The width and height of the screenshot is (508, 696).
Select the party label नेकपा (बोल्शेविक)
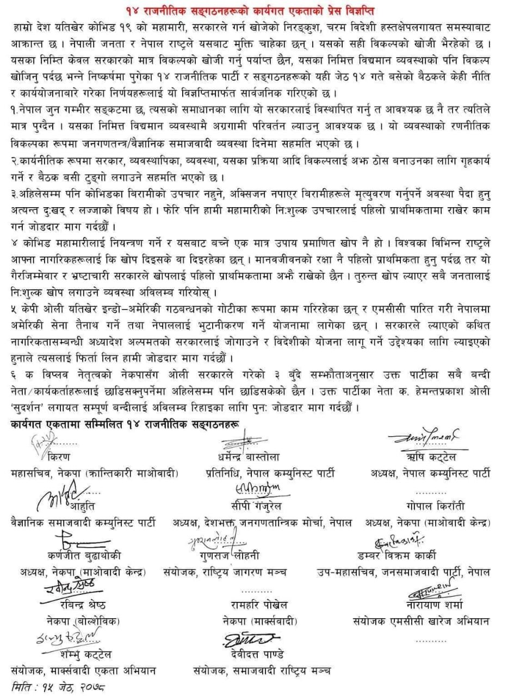point(83,620)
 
